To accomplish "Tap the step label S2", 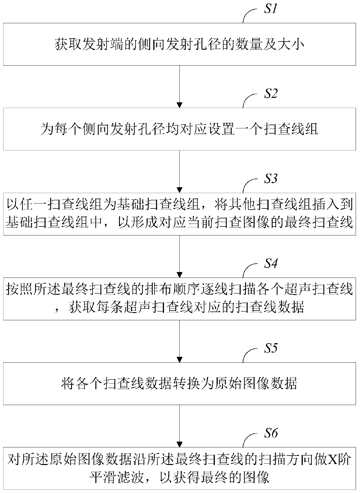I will coord(270,94).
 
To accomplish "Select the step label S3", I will coord(270,179).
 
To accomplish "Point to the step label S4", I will coord(270,263).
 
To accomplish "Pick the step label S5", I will coord(270,348).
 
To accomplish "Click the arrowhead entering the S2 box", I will coord(180,105).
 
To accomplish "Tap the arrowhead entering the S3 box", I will coord(180,190).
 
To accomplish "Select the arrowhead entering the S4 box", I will coord(180,275).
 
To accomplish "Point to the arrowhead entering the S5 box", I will coord(180,359).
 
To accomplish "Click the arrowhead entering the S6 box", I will coord(180,444).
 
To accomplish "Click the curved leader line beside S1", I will coord(248,16).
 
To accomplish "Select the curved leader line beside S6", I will coord(248,440).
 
